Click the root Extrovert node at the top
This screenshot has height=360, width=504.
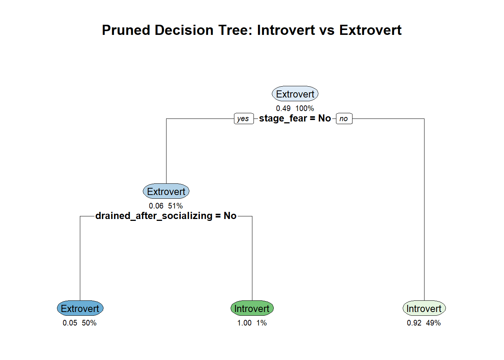point(295,94)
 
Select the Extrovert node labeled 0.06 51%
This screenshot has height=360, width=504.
point(166,191)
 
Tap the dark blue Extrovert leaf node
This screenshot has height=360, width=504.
point(80,308)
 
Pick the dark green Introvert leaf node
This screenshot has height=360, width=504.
point(252,308)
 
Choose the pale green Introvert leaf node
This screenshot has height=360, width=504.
point(424,308)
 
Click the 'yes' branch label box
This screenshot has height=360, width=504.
point(244,118)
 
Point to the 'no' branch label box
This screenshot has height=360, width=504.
point(344,118)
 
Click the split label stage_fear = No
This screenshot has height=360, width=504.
point(295,118)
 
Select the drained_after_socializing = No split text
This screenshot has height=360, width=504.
point(166,216)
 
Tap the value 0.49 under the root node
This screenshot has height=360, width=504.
point(283,108)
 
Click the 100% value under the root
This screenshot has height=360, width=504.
point(304,108)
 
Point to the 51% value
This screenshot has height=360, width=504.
point(175,206)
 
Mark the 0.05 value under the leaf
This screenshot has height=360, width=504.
point(70,323)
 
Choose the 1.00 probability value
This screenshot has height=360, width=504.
point(244,323)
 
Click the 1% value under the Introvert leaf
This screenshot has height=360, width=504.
point(261,323)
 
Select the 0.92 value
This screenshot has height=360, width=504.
point(414,323)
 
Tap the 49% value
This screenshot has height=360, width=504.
point(433,323)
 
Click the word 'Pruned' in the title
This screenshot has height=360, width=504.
point(126,30)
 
